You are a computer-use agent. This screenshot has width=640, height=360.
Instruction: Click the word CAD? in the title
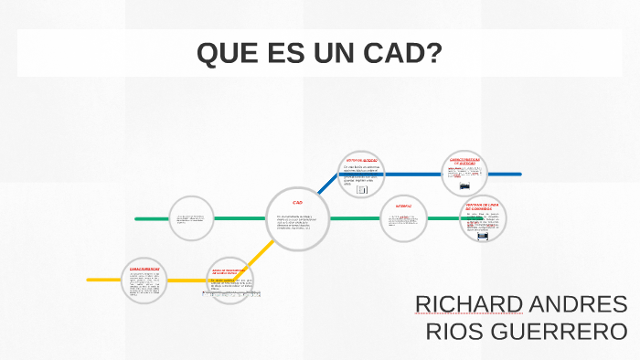click(401, 54)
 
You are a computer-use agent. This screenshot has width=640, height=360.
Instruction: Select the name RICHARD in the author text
click(469, 304)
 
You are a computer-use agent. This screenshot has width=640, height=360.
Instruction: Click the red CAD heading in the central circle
click(297, 202)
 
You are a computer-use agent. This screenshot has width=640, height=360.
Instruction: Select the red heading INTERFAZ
click(403, 206)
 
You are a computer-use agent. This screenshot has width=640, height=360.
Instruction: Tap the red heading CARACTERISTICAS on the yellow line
click(144, 269)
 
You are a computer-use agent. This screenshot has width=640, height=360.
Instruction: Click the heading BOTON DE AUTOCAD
click(361, 159)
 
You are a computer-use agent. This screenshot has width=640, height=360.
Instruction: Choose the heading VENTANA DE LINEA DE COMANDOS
click(481, 206)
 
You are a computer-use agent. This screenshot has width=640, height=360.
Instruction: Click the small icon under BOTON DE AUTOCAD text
click(361, 189)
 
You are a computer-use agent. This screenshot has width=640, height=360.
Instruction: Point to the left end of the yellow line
click(90, 279)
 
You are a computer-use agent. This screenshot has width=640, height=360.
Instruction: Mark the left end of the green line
click(137, 218)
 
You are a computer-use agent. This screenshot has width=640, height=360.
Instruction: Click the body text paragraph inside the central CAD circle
click(297, 222)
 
